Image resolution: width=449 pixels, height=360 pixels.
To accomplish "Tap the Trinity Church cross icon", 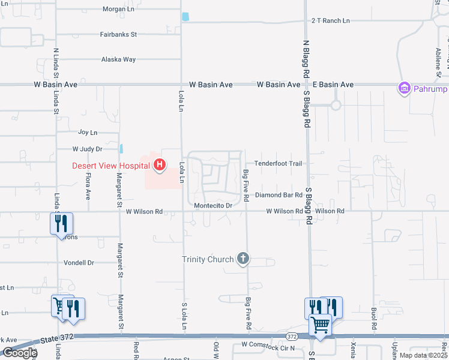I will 243,259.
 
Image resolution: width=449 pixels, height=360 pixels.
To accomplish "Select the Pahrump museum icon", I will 404,89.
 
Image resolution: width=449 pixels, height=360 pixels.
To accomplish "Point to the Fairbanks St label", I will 119,34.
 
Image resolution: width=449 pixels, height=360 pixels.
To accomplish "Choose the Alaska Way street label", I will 118,59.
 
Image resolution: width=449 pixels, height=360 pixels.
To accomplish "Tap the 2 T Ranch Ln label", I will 330,20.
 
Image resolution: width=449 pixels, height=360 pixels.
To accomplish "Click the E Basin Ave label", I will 331,85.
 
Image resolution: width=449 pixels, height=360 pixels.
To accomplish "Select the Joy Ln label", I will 88,132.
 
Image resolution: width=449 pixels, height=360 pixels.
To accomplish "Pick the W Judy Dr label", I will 88,148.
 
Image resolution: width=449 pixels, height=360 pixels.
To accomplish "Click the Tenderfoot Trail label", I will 277,163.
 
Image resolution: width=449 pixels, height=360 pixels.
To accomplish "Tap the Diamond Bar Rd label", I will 278,195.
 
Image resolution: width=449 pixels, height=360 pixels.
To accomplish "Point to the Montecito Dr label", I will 213,206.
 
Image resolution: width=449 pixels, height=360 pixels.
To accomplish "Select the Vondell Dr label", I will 79,263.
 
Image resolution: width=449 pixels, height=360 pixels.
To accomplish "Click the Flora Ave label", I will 88,186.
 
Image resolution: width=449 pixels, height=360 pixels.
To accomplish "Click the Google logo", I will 19,353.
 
